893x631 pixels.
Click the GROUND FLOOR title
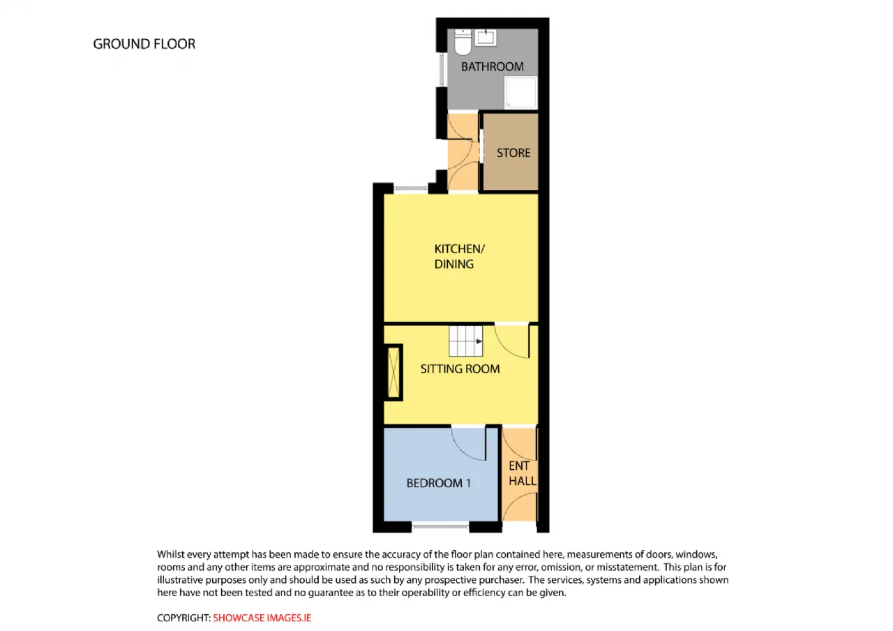click(144, 44)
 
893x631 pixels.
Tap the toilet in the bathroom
click(463, 41)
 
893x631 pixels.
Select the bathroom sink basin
click(486, 38)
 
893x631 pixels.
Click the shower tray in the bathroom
click(521, 93)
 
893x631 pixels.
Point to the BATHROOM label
click(493, 66)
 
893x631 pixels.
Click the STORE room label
click(513, 153)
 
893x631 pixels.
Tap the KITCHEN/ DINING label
click(459, 256)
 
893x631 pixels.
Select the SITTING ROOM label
click(460, 369)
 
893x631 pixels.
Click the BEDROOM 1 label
click(439, 483)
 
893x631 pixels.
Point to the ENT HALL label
click(523, 473)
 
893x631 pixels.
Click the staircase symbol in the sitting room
click(465, 341)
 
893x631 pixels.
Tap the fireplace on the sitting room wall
click(394, 373)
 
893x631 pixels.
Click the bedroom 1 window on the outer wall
click(440, 527)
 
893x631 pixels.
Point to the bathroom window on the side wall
click(442, 70)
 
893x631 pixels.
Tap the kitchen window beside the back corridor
click(411, 188)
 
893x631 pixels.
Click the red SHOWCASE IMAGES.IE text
click(262, 618)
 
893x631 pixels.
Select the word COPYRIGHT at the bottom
click(183, 618)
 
